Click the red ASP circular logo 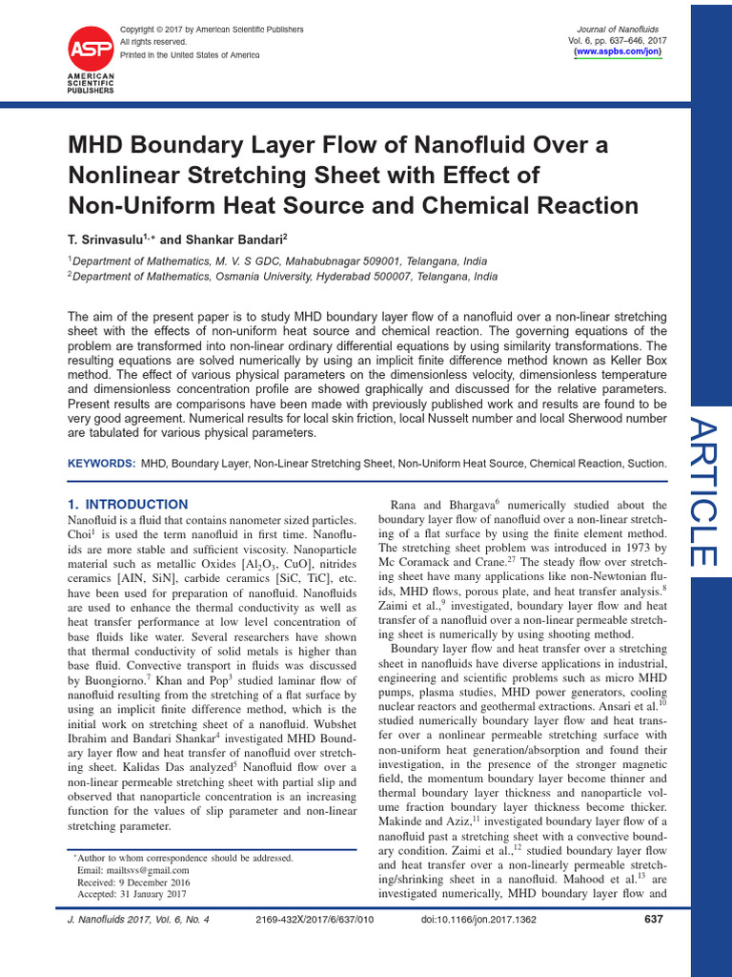pos(91,47)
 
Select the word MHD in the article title pos(98,146)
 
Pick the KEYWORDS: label pos(101,463)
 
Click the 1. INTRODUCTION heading pos(128,504)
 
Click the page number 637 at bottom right pos(653,920)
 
